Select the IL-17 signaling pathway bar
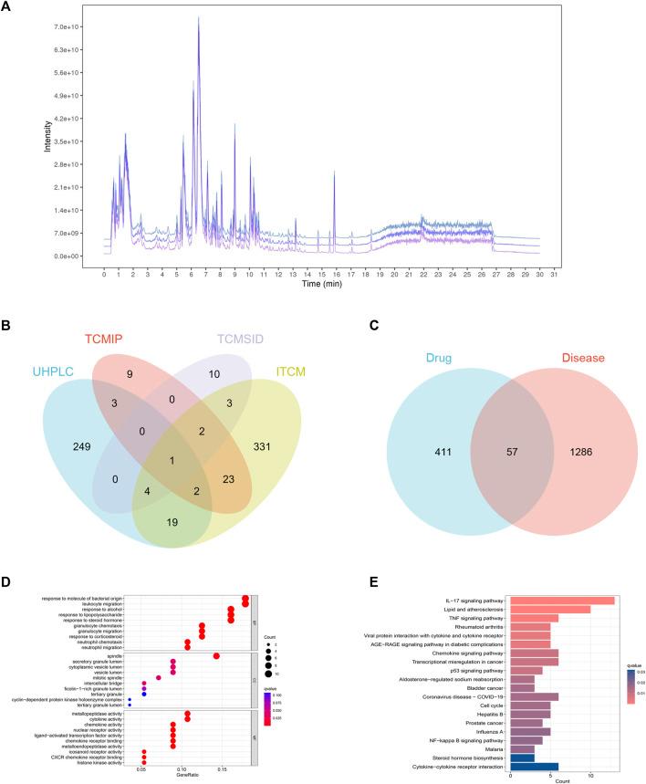(x=562, y=600)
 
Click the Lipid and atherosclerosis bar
(x=551, y=610)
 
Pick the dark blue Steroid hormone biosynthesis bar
(x=523, y=757)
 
